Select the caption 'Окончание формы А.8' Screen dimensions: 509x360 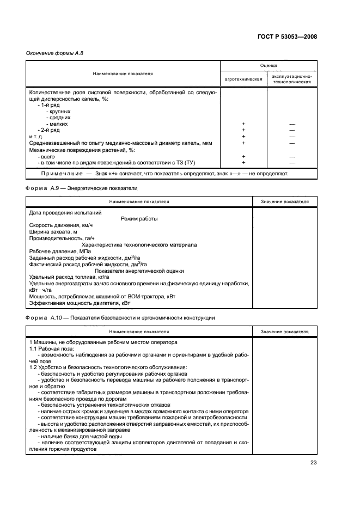point(54,53)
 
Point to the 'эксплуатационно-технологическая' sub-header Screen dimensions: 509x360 point(292,79)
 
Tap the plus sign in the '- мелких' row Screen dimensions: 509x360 point(243,124)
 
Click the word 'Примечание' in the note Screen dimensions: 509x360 point(60,174)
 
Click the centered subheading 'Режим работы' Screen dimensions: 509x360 point(139,219)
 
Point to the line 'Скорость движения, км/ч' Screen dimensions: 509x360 point(61,225)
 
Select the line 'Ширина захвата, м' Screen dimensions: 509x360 point(53,232)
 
